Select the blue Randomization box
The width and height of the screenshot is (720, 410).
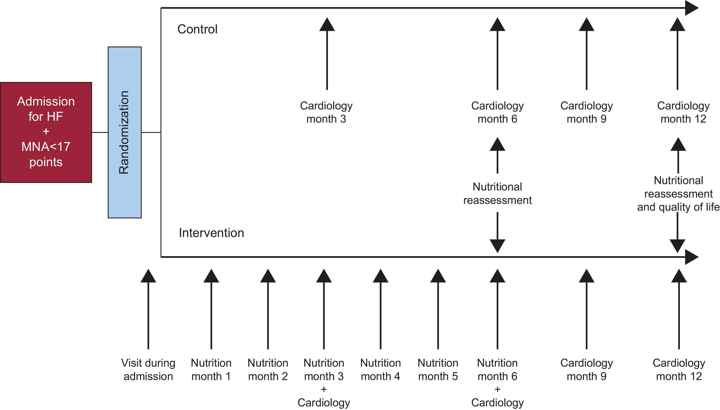pos(124,132)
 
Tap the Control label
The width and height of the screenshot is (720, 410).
pos(198,29)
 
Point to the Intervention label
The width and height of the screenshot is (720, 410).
pos(211,233)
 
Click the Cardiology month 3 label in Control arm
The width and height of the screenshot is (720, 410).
pos(326,112)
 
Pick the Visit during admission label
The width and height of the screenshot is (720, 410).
pos(148,369)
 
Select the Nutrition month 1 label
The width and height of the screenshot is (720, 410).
pos(211,369)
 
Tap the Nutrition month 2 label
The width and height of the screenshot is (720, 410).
pos(268,369)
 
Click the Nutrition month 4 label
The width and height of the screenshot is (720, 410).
pos(381,369)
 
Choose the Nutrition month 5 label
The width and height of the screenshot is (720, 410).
pos(438,369)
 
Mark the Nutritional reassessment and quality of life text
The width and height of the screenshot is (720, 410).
pos(678,194)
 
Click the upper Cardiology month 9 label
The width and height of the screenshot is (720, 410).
pos(586,112)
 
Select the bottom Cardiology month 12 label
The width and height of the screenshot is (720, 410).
pos(679,369)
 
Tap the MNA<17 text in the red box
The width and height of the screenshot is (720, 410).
pos(46,147)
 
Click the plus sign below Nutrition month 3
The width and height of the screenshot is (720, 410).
pos(324,389)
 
